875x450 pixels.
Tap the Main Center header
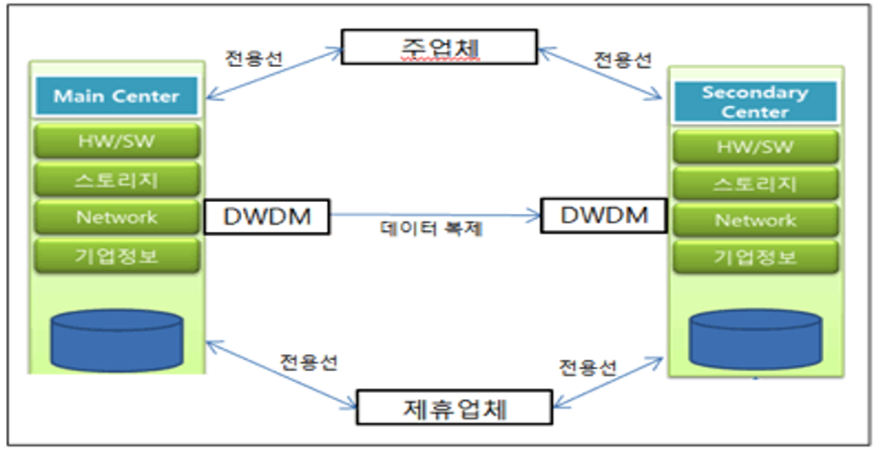116,96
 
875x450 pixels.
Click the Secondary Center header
755,102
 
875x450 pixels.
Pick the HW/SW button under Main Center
116,141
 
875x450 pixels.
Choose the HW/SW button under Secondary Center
755,147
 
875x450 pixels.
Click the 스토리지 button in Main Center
116,179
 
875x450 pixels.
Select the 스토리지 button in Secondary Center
755,184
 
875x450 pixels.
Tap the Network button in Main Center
116,217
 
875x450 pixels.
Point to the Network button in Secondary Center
755,221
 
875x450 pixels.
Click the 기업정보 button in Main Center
116,255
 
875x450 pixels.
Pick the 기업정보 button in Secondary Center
755,257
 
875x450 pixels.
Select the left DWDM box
267,217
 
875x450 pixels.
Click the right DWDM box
602,215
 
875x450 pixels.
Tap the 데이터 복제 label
431,229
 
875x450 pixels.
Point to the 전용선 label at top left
253,60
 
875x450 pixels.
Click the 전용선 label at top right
623,60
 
